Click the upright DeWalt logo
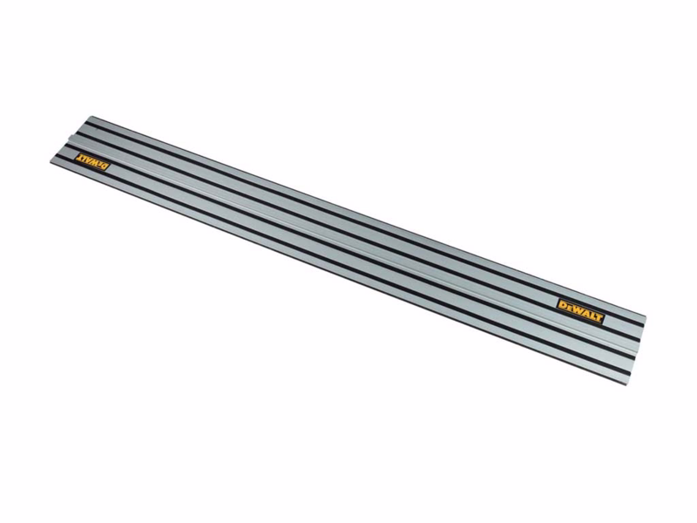pos(581,311)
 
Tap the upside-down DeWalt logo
pos(92,161)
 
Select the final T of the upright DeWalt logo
pos(599,317)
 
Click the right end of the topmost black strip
pos(644,325)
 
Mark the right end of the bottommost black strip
pos(629,372)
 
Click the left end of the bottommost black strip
pos(58,157)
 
